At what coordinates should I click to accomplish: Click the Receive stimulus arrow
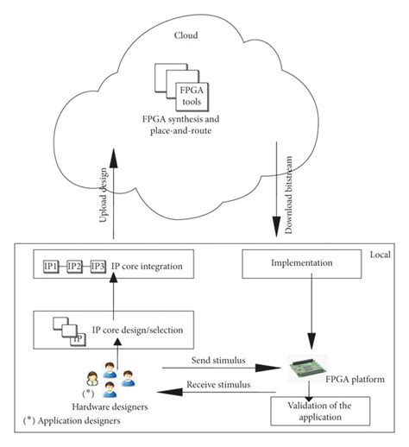coord(216,392)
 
